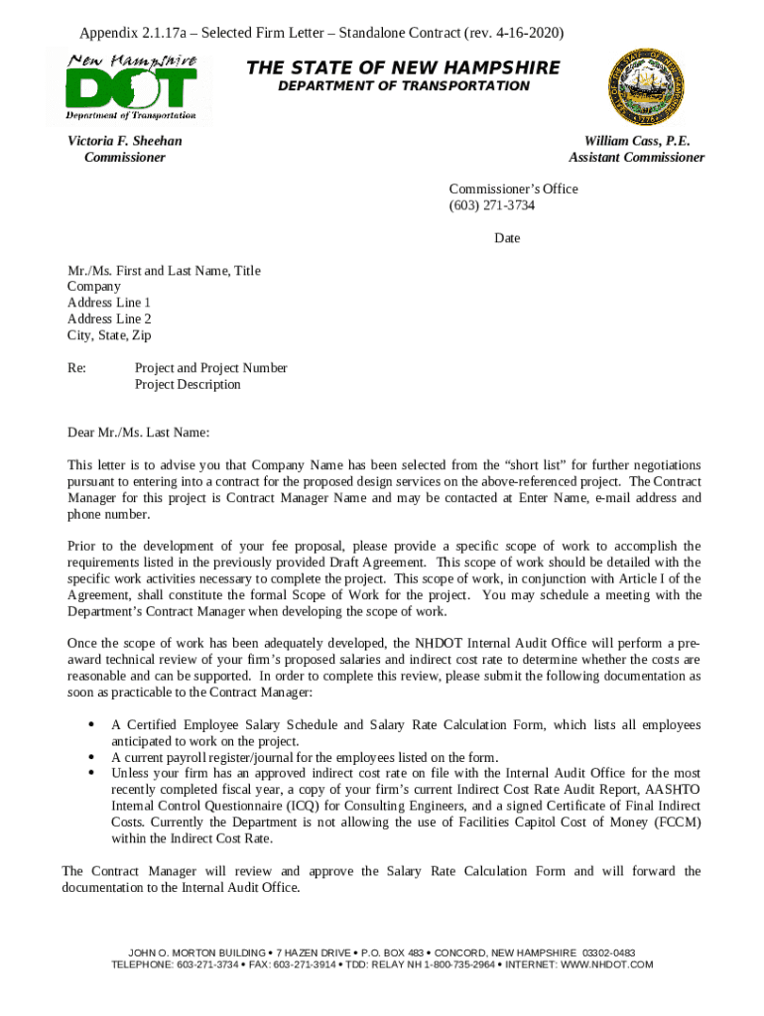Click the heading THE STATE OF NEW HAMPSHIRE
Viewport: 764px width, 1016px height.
[403, 67]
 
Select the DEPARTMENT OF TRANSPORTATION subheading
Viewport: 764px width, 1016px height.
[403, 86]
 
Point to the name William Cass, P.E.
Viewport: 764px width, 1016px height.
[636, 141]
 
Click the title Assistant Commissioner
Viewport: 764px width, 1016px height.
[636, 157]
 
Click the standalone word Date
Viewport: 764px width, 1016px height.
[507, 238]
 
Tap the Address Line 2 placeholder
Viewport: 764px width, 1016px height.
[109, 319]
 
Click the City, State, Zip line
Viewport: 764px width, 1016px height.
[109, 335]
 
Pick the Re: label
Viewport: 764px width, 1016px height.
[76, 368]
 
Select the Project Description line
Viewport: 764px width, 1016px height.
[188, 384]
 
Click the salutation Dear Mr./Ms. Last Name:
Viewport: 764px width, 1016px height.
[138, 433]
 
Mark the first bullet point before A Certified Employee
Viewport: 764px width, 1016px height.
[92, 725]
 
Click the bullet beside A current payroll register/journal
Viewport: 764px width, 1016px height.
[92, 757]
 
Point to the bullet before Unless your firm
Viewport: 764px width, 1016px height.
[92, 773]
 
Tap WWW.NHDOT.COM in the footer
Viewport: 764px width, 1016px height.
[595, 964]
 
